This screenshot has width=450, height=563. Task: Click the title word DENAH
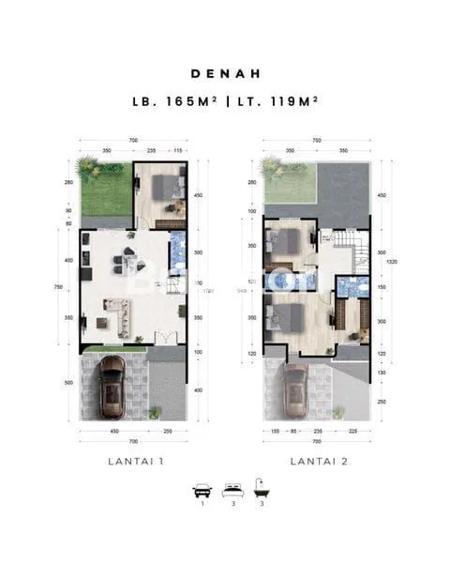[225, 72]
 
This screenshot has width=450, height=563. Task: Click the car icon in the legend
[201, 491]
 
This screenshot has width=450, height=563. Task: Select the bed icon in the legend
[232, 491]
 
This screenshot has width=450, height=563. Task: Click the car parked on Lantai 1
[112, 387]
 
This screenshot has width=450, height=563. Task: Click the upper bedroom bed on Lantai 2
[286, 242]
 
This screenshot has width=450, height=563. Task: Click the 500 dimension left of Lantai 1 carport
[68, 383]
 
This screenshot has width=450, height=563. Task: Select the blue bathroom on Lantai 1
[176, 251]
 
